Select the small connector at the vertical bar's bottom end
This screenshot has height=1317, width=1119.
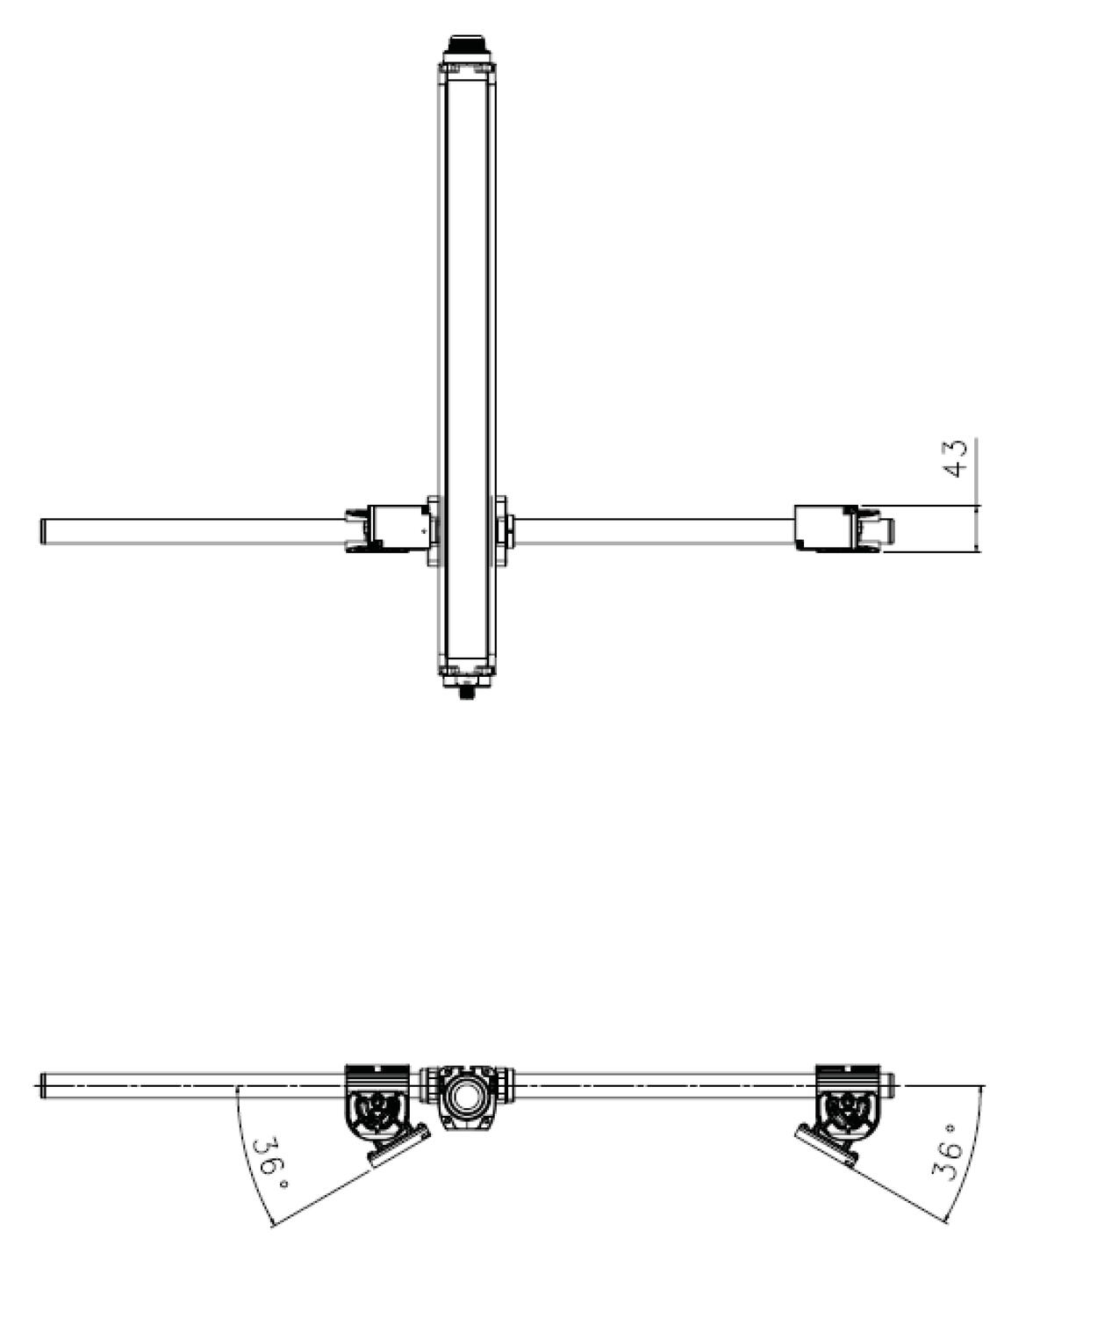point(465,692)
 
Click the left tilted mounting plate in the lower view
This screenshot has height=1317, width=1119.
point(398,1146)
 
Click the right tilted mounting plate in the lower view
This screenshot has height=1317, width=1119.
point(826,1147)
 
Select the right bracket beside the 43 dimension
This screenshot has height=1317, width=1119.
point(826,528)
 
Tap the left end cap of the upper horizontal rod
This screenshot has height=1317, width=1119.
point(43,531)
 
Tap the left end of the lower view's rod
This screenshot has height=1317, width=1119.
point(42,1087)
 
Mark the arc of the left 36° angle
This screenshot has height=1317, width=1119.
point(247,1159)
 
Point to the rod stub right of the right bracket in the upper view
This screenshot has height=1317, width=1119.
point(888,529)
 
